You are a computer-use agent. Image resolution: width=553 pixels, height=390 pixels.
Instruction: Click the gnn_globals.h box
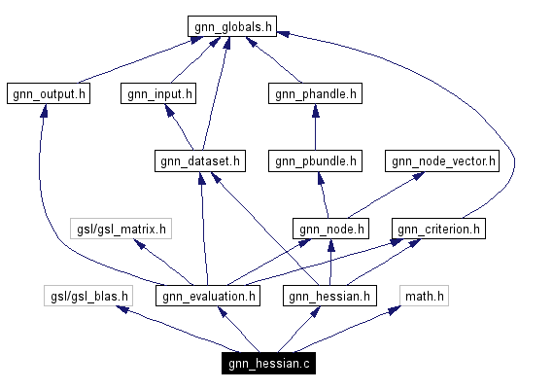(231, 26)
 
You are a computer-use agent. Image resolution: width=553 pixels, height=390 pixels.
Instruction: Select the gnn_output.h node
(48, 94)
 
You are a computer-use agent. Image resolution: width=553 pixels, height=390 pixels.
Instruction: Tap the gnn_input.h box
(158, 94)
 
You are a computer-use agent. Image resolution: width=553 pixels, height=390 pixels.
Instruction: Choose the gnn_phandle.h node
(314, 94)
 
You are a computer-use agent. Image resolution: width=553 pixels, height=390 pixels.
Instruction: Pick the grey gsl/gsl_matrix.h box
(121, 230)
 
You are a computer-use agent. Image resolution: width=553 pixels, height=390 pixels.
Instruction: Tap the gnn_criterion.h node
(438, 230)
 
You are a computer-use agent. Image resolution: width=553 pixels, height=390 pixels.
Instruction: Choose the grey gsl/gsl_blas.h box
(87, 296)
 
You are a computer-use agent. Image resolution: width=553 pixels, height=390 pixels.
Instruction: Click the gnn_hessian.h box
(328, 296)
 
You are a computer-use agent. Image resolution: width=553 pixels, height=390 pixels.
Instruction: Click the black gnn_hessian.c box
(267, 364)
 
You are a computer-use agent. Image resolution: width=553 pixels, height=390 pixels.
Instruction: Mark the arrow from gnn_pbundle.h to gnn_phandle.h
(315, 127)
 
